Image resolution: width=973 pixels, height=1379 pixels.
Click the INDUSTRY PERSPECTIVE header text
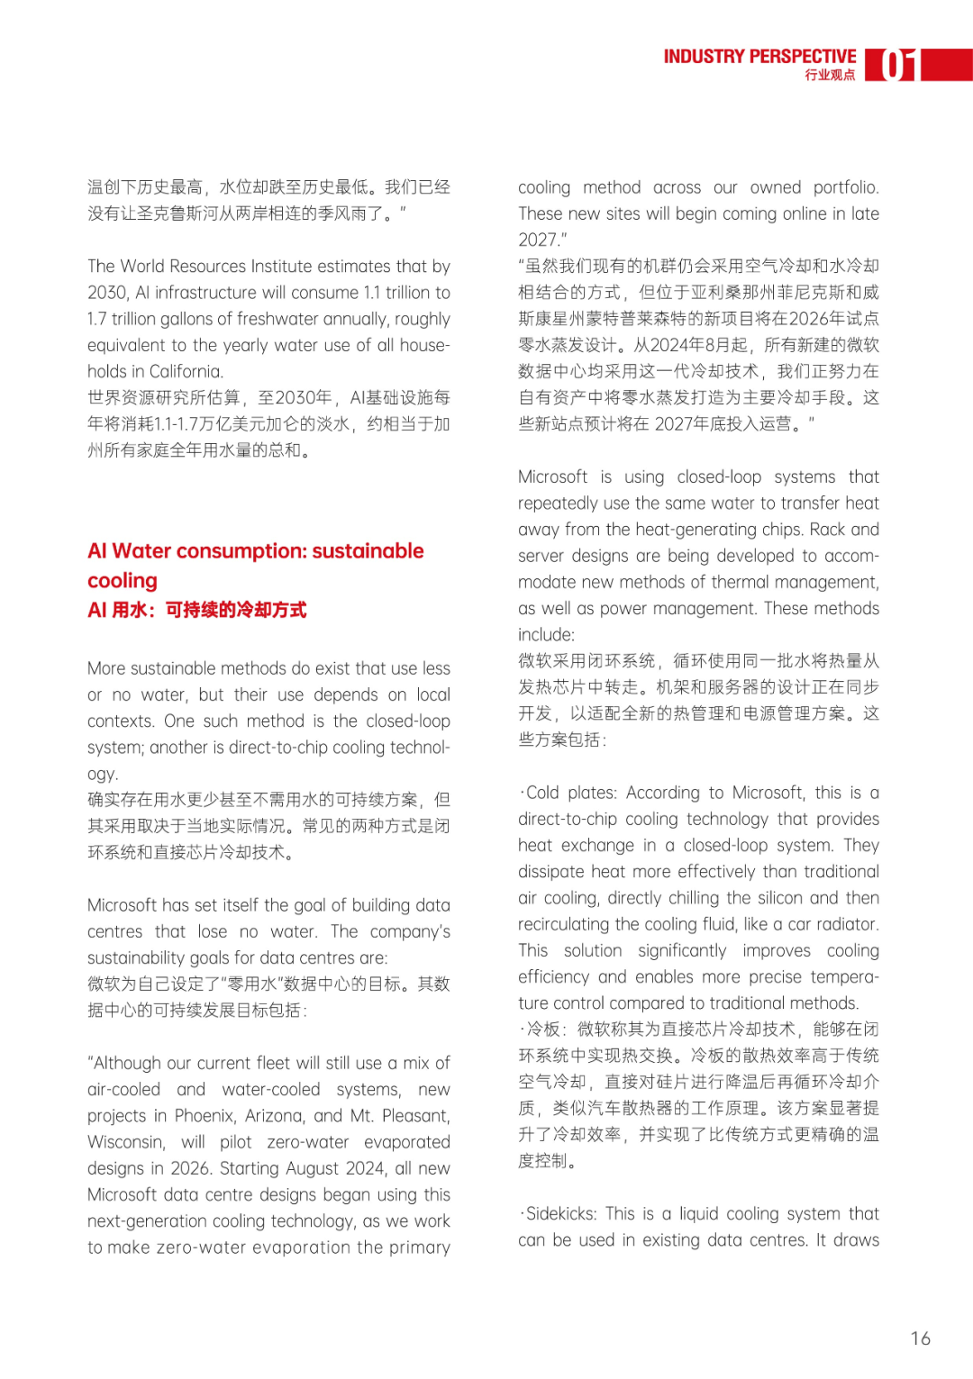pyautogui.click(x=759, y=57)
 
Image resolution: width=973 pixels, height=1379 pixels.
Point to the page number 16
pyautogui.click(x=920, y=1338)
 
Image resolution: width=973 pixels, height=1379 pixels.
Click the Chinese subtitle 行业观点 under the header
pyautogui.click(x=830, y=76)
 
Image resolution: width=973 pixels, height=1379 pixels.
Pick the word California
pyautogui.click(x=186, y=372)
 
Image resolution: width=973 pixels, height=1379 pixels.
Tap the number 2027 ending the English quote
pyautogui.click(x=537, y=240)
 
